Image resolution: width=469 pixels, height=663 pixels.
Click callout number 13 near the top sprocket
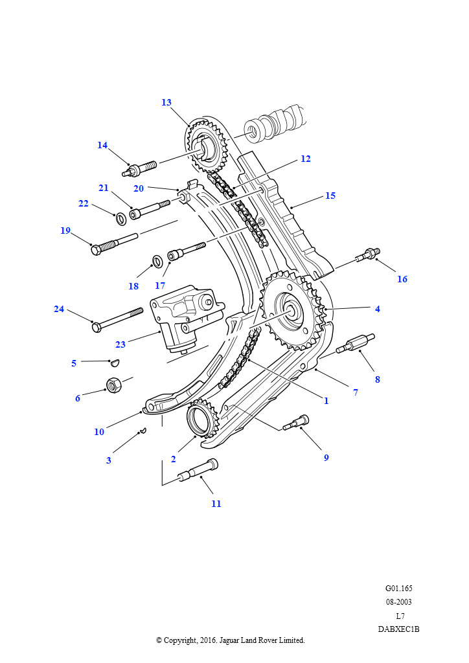click(x=166, y=102)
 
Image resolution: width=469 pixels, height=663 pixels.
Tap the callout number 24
click(x=59, y=309)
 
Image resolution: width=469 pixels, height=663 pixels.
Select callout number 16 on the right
click(x=402, y=279)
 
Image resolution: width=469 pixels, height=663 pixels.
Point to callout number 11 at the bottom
click(x=216, y=504)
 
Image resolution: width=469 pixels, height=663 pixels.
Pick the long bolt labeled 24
click(x=117, y=317)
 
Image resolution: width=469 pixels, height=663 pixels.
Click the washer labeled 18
click(x=157, y=262)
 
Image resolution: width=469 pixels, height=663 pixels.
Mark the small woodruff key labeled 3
click(x=144, y=430)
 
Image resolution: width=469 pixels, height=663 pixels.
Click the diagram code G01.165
click(x=398, y=589)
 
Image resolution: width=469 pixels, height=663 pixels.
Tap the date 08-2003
click(x=398, y=602)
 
